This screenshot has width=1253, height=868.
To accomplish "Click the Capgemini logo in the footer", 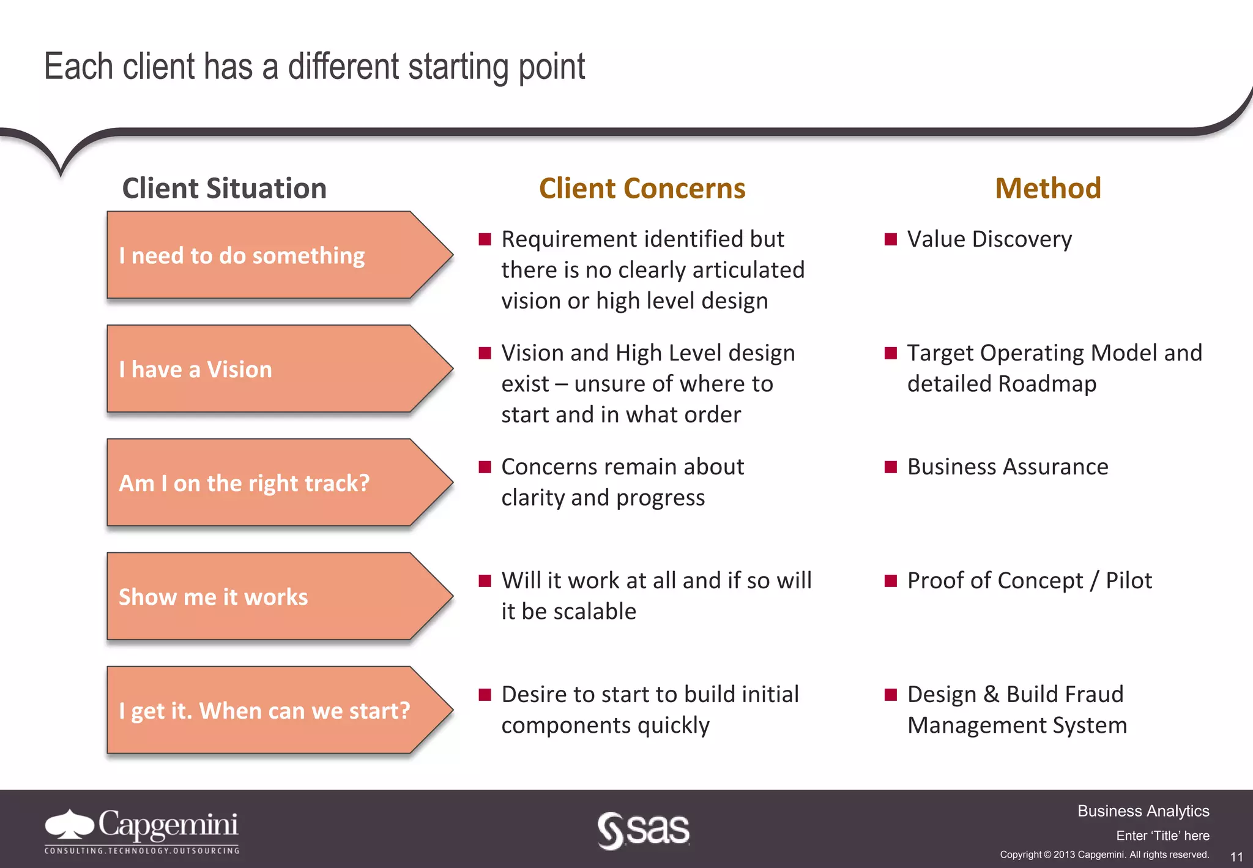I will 142,830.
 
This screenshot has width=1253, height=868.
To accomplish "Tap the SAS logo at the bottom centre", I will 643,830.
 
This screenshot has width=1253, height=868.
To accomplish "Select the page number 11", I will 1236,856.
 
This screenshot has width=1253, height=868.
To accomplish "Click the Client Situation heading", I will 224,188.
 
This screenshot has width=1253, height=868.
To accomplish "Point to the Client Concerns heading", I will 642,188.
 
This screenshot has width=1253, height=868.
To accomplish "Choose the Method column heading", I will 1047,188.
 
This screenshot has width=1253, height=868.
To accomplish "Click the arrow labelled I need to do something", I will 269,255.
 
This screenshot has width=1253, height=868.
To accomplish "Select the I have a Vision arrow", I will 269,369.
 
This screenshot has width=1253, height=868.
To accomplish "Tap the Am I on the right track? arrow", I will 269,483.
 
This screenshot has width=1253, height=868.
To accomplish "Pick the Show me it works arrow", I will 269,597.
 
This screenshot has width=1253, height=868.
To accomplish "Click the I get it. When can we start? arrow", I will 269,711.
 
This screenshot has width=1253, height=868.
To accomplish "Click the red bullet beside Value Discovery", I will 891,239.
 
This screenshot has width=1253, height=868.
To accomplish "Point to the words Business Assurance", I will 1007,467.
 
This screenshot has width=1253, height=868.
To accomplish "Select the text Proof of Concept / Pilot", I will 1029,581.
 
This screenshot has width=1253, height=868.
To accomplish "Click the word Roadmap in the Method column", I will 1047,384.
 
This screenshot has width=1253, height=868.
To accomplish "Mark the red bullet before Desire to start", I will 485,694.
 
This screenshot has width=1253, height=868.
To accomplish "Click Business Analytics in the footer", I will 1143,811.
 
